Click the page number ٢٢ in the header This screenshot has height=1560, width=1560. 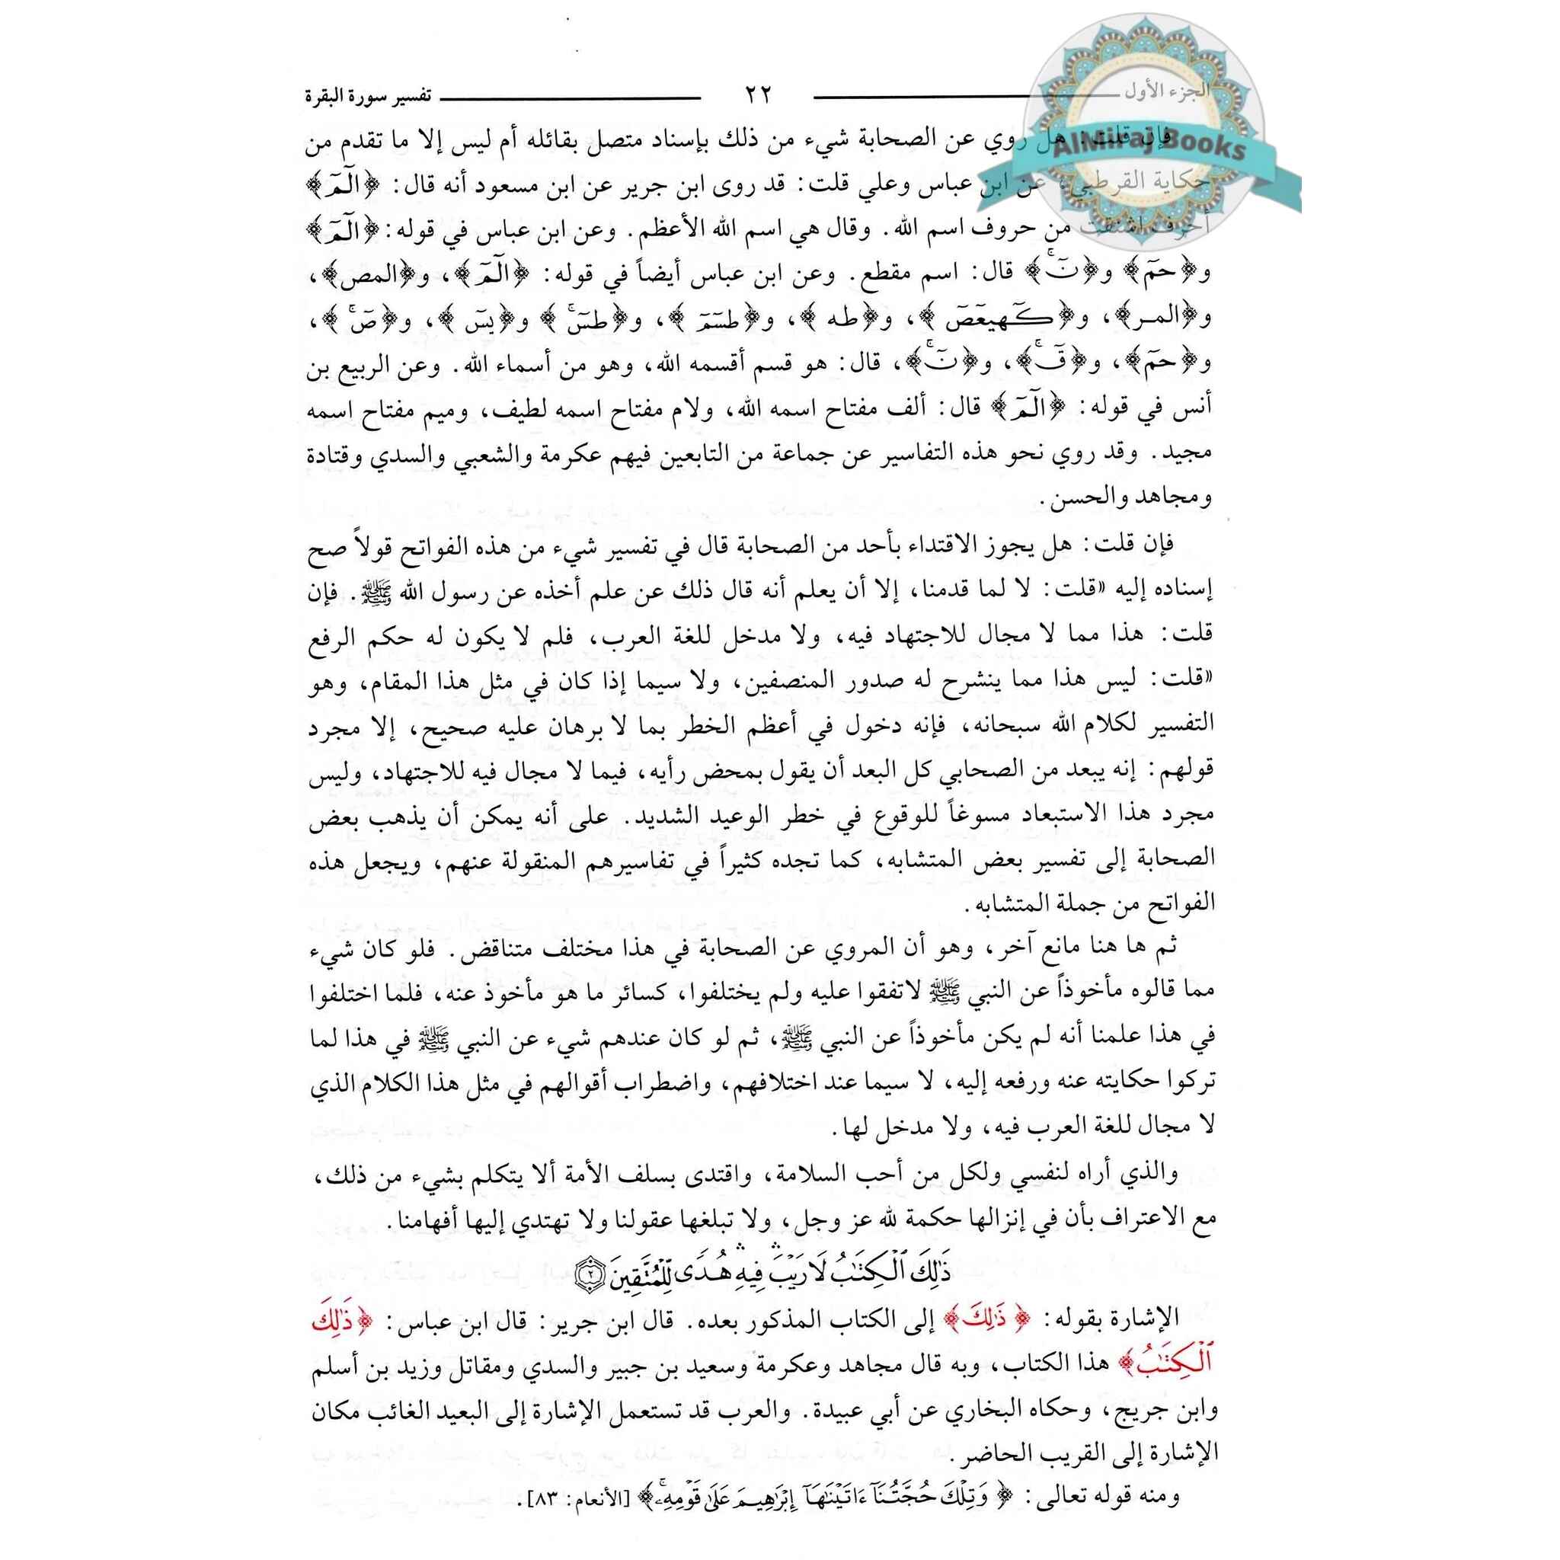pyautogui.click(x=756, y=95)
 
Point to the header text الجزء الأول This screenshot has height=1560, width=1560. pyautogui.click(x=1166, y=91)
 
